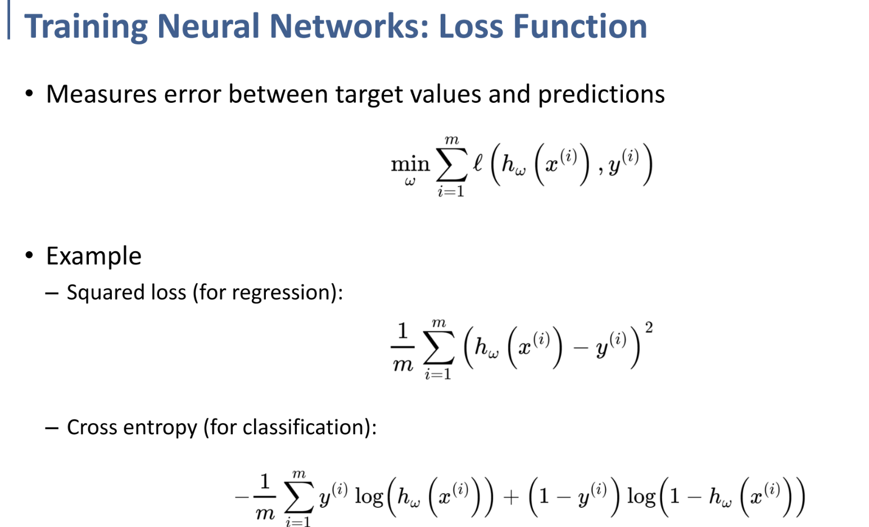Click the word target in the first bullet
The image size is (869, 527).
pyautogui.click(x=369, y=94)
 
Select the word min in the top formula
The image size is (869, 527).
pyautogui.click(x=410, y=164)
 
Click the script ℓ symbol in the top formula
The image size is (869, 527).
pyautogui.click(x=477, y=163)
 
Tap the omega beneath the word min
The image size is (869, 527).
pyautogui.click(x=410, y=182)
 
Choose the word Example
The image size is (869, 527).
pyautogui.click(x=93, y=256)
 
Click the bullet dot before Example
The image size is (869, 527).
pyautogui.click(x=29, y=256)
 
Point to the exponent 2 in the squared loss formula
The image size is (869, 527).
pyautogui.click(x=649, y=328)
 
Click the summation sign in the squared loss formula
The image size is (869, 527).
pyautogui.click(x=438, y=351)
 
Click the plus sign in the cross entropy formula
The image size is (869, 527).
pyautogui.click(x=511, y=497)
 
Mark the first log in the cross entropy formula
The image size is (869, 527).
pyautogui.click(x=369, y=497)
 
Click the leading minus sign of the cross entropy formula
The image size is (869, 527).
pyautogui.click(x=242, y=497)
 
